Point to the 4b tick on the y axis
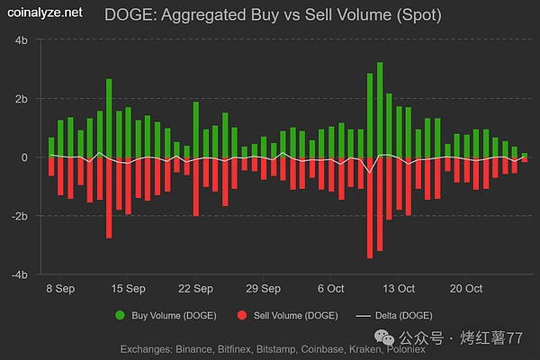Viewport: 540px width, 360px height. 22,41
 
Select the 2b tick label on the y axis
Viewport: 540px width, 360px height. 22,99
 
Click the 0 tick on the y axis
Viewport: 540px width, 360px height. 26,157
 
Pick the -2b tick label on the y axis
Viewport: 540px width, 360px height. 21,216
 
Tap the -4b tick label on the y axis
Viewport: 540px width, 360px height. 21,274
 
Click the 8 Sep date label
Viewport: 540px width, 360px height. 61,289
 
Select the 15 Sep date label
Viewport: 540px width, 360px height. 127,289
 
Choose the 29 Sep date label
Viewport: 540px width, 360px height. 263,289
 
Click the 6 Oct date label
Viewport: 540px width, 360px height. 330,289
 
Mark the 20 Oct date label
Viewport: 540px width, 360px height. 466,289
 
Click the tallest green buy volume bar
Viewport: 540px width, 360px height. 380,108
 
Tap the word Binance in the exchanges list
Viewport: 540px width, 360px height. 200,347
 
